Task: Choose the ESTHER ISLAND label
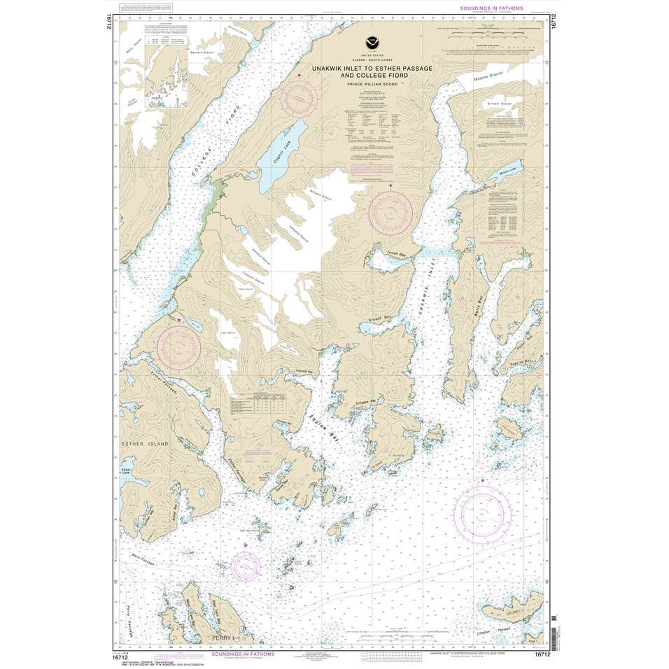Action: (143, 444)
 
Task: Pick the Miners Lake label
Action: (508, 171)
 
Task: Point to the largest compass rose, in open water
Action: (483, 514)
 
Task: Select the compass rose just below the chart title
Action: (300, 97)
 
